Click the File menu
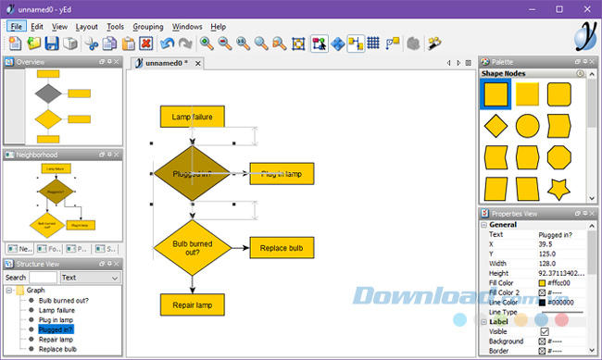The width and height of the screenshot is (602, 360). coord(17,27)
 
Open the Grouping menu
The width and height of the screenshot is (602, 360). coord(148,27)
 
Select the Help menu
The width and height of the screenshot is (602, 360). coord(219,27)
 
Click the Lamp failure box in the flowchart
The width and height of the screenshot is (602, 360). coord(193,116)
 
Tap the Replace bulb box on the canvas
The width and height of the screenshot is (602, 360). coord(282,248)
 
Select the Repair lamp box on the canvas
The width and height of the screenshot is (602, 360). coord(193,304)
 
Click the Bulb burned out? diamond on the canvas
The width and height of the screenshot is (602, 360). coord(193,248)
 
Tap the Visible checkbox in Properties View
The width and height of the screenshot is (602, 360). coord(545,331)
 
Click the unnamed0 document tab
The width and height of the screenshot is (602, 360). coord(166,63)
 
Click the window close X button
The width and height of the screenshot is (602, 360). coord(584,8)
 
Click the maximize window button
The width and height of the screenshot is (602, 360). coord(558,8)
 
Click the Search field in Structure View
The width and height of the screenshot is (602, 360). coord(43,277)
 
